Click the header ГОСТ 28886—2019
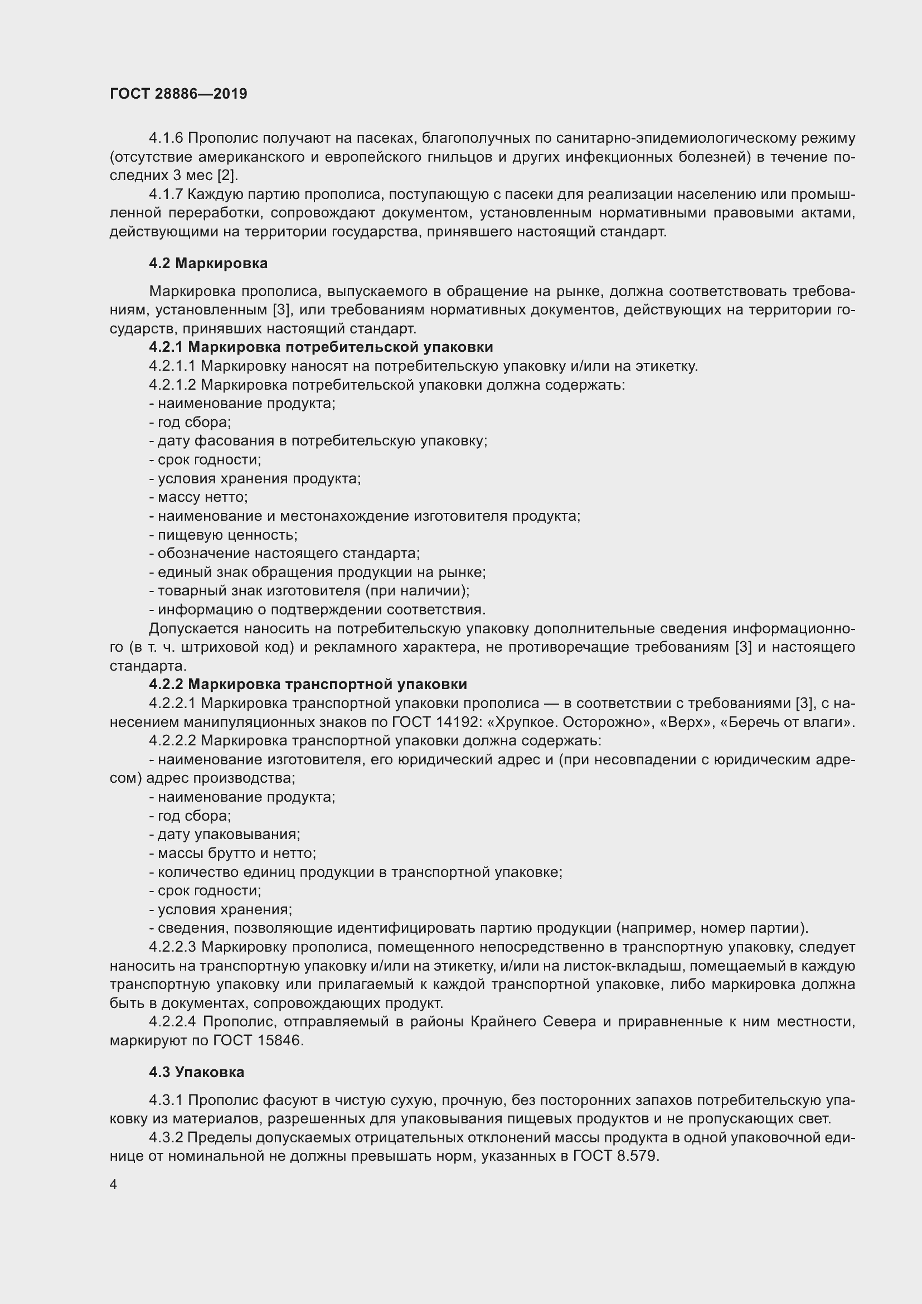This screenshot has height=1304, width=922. click(178, 94)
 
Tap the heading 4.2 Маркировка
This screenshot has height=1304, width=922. click(208, 263)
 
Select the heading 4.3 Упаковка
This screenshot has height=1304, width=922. click(196, 1072)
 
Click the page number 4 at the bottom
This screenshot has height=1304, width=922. click(114, 1184)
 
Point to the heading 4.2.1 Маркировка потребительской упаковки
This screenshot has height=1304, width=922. click(321, 347)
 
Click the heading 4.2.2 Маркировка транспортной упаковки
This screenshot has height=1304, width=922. click(308, 685)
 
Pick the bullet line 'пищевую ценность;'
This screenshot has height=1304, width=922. click(223, 535)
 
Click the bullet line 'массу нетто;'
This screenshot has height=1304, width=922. click(198, 497)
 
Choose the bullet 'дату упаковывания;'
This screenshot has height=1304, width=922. click(225, 835)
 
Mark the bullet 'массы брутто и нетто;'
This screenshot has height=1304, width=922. click(233, 853)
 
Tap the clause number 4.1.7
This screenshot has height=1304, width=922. click(166, 194)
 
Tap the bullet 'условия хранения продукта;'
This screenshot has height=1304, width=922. click(255, 478)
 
